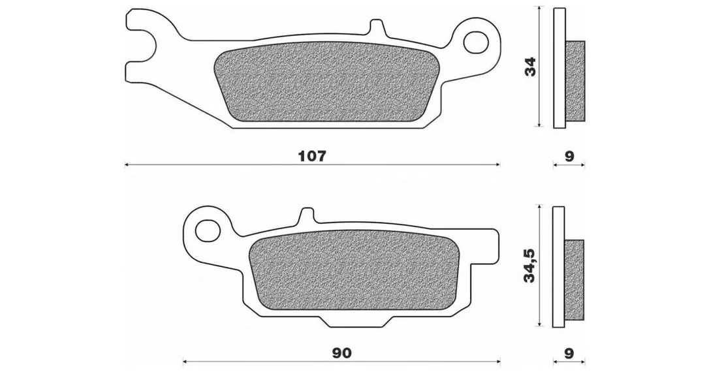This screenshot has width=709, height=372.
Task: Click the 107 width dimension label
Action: coord(312,157)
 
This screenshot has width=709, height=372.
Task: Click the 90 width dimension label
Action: coord(341,353)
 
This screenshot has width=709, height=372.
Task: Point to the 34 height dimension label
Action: coord(529,67)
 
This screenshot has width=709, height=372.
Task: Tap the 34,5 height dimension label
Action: coord(529,266)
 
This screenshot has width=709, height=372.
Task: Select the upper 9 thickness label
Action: coord(569,157)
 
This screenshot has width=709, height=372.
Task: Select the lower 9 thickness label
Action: coord(569,353)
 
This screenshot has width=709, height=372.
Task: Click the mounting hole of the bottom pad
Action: coord(208,230)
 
